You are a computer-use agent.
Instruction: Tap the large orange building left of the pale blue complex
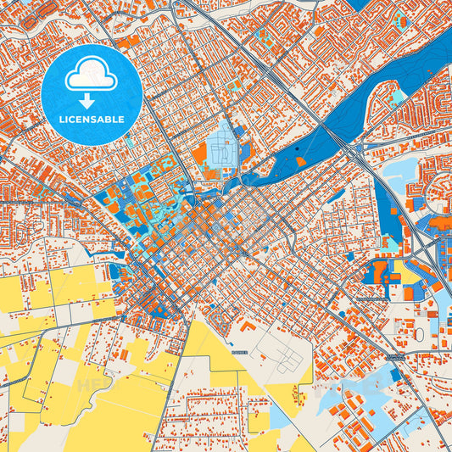click(x=199, y=156)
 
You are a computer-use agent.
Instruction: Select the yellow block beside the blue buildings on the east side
click(x=411, y=276)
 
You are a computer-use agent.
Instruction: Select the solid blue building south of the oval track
click(x=395, y=374)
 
